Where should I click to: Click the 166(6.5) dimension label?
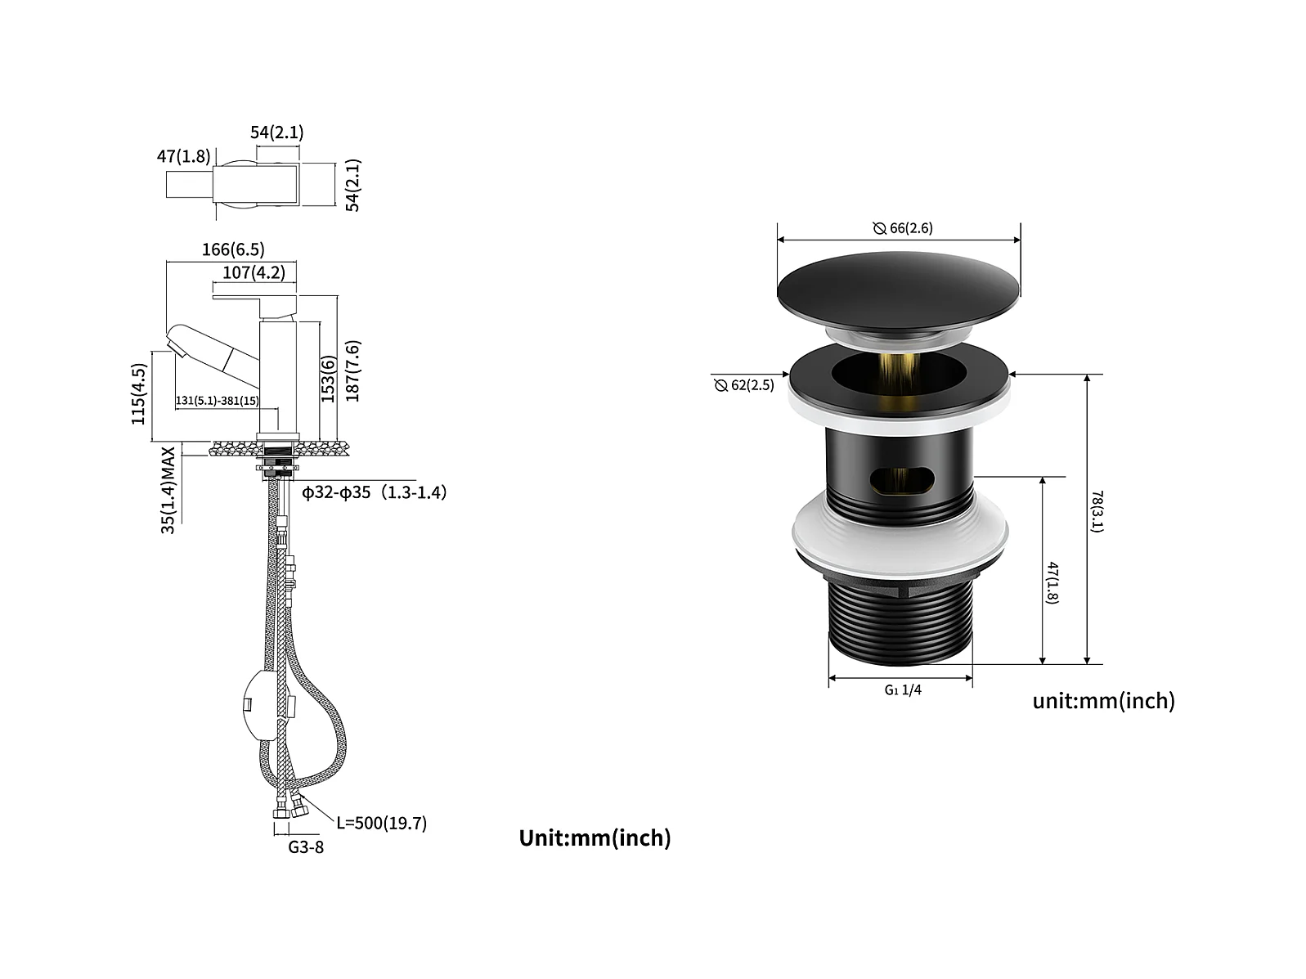(x=233, y=249)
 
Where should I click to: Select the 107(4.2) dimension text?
(x=254, y=272)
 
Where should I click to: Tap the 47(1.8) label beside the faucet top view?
(x=184, y=156)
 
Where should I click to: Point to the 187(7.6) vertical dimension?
(x=352, y=371)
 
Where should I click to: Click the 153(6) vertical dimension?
(x=329, y=379)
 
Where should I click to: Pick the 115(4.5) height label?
(x=138, y=393)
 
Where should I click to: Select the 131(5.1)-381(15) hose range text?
(x=218, y=401)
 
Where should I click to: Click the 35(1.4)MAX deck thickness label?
(x=168, y=490)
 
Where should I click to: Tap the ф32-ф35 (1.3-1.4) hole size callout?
(x=375, y=492)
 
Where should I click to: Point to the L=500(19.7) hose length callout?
(x=382, y=823)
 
